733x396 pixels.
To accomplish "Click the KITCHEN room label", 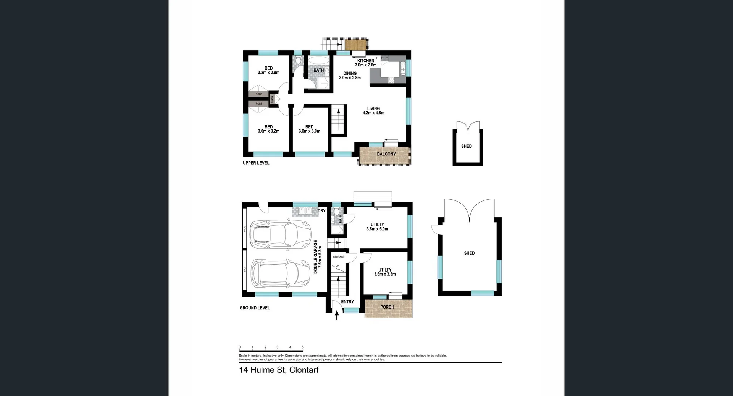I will point(365,61).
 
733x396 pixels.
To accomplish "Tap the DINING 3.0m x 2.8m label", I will point(350,76).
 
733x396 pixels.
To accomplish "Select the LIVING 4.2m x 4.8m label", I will point(373,111).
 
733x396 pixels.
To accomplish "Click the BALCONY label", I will point(386,154).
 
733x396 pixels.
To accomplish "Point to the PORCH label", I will point(387,307).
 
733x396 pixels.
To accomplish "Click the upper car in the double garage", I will point(280,234).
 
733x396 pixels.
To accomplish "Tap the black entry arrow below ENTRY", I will point(337,315).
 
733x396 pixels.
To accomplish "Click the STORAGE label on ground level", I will point(339,257).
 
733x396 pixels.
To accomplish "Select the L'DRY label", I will point(320,211).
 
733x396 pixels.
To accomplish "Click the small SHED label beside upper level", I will point(466,146).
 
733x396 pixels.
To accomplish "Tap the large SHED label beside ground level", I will point(469,253).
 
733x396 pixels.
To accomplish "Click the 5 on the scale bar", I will point(302,348).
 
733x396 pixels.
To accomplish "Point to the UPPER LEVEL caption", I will point(256,163).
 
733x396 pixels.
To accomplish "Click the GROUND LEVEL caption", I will point(255,308).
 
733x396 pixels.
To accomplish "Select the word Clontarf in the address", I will point(304,370).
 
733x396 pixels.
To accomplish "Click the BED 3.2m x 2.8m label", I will point(268,71).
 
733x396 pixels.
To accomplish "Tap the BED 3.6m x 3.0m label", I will point(309,129).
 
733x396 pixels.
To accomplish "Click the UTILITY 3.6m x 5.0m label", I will point(377,227).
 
